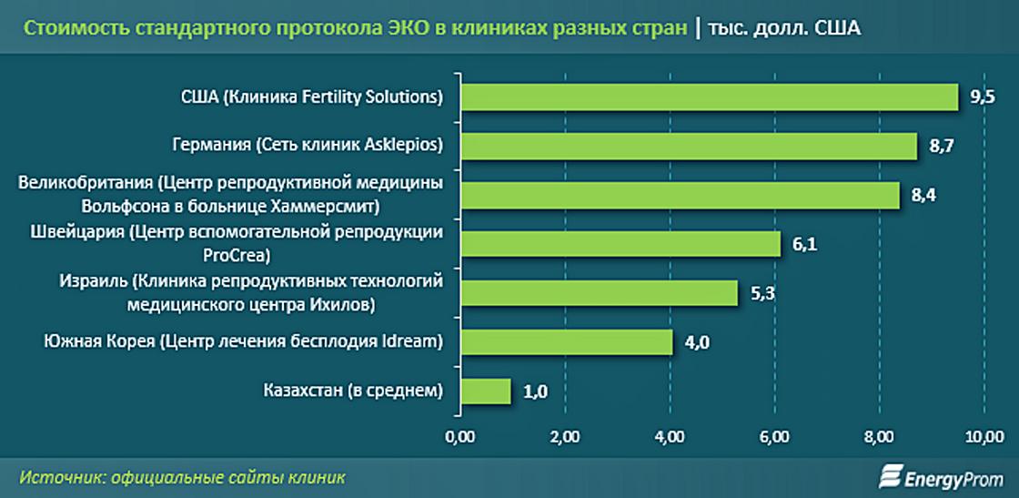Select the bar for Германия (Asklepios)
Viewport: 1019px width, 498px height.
[689, 146]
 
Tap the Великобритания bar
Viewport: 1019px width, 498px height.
[681, 195]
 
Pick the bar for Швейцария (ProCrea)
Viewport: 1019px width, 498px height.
[620, 244]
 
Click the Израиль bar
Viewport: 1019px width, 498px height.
[599, 292]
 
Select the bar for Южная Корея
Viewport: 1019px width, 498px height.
[566, 341]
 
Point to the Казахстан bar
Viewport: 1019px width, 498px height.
[486, 391]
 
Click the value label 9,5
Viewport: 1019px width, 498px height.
[983, 98]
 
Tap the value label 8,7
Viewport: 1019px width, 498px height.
[941, 147]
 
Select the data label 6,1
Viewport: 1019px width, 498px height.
[804, 245]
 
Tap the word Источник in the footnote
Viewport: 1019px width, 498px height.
[58, 477]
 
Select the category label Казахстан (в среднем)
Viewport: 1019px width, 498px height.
[353, 391]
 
